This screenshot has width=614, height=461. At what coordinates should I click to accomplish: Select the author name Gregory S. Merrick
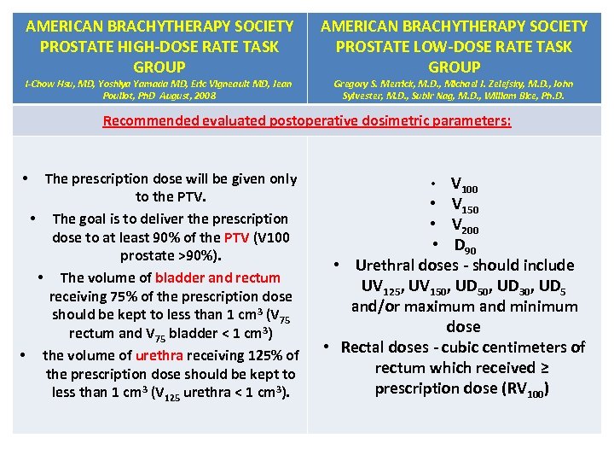click(370, 84)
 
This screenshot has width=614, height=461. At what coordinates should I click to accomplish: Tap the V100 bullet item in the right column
click(465, 184)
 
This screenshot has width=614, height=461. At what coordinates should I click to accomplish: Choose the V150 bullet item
click(465, 205)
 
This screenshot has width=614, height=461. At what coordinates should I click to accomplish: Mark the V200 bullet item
click(465, 225)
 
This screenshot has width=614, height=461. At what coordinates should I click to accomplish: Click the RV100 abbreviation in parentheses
click(528, 389)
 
